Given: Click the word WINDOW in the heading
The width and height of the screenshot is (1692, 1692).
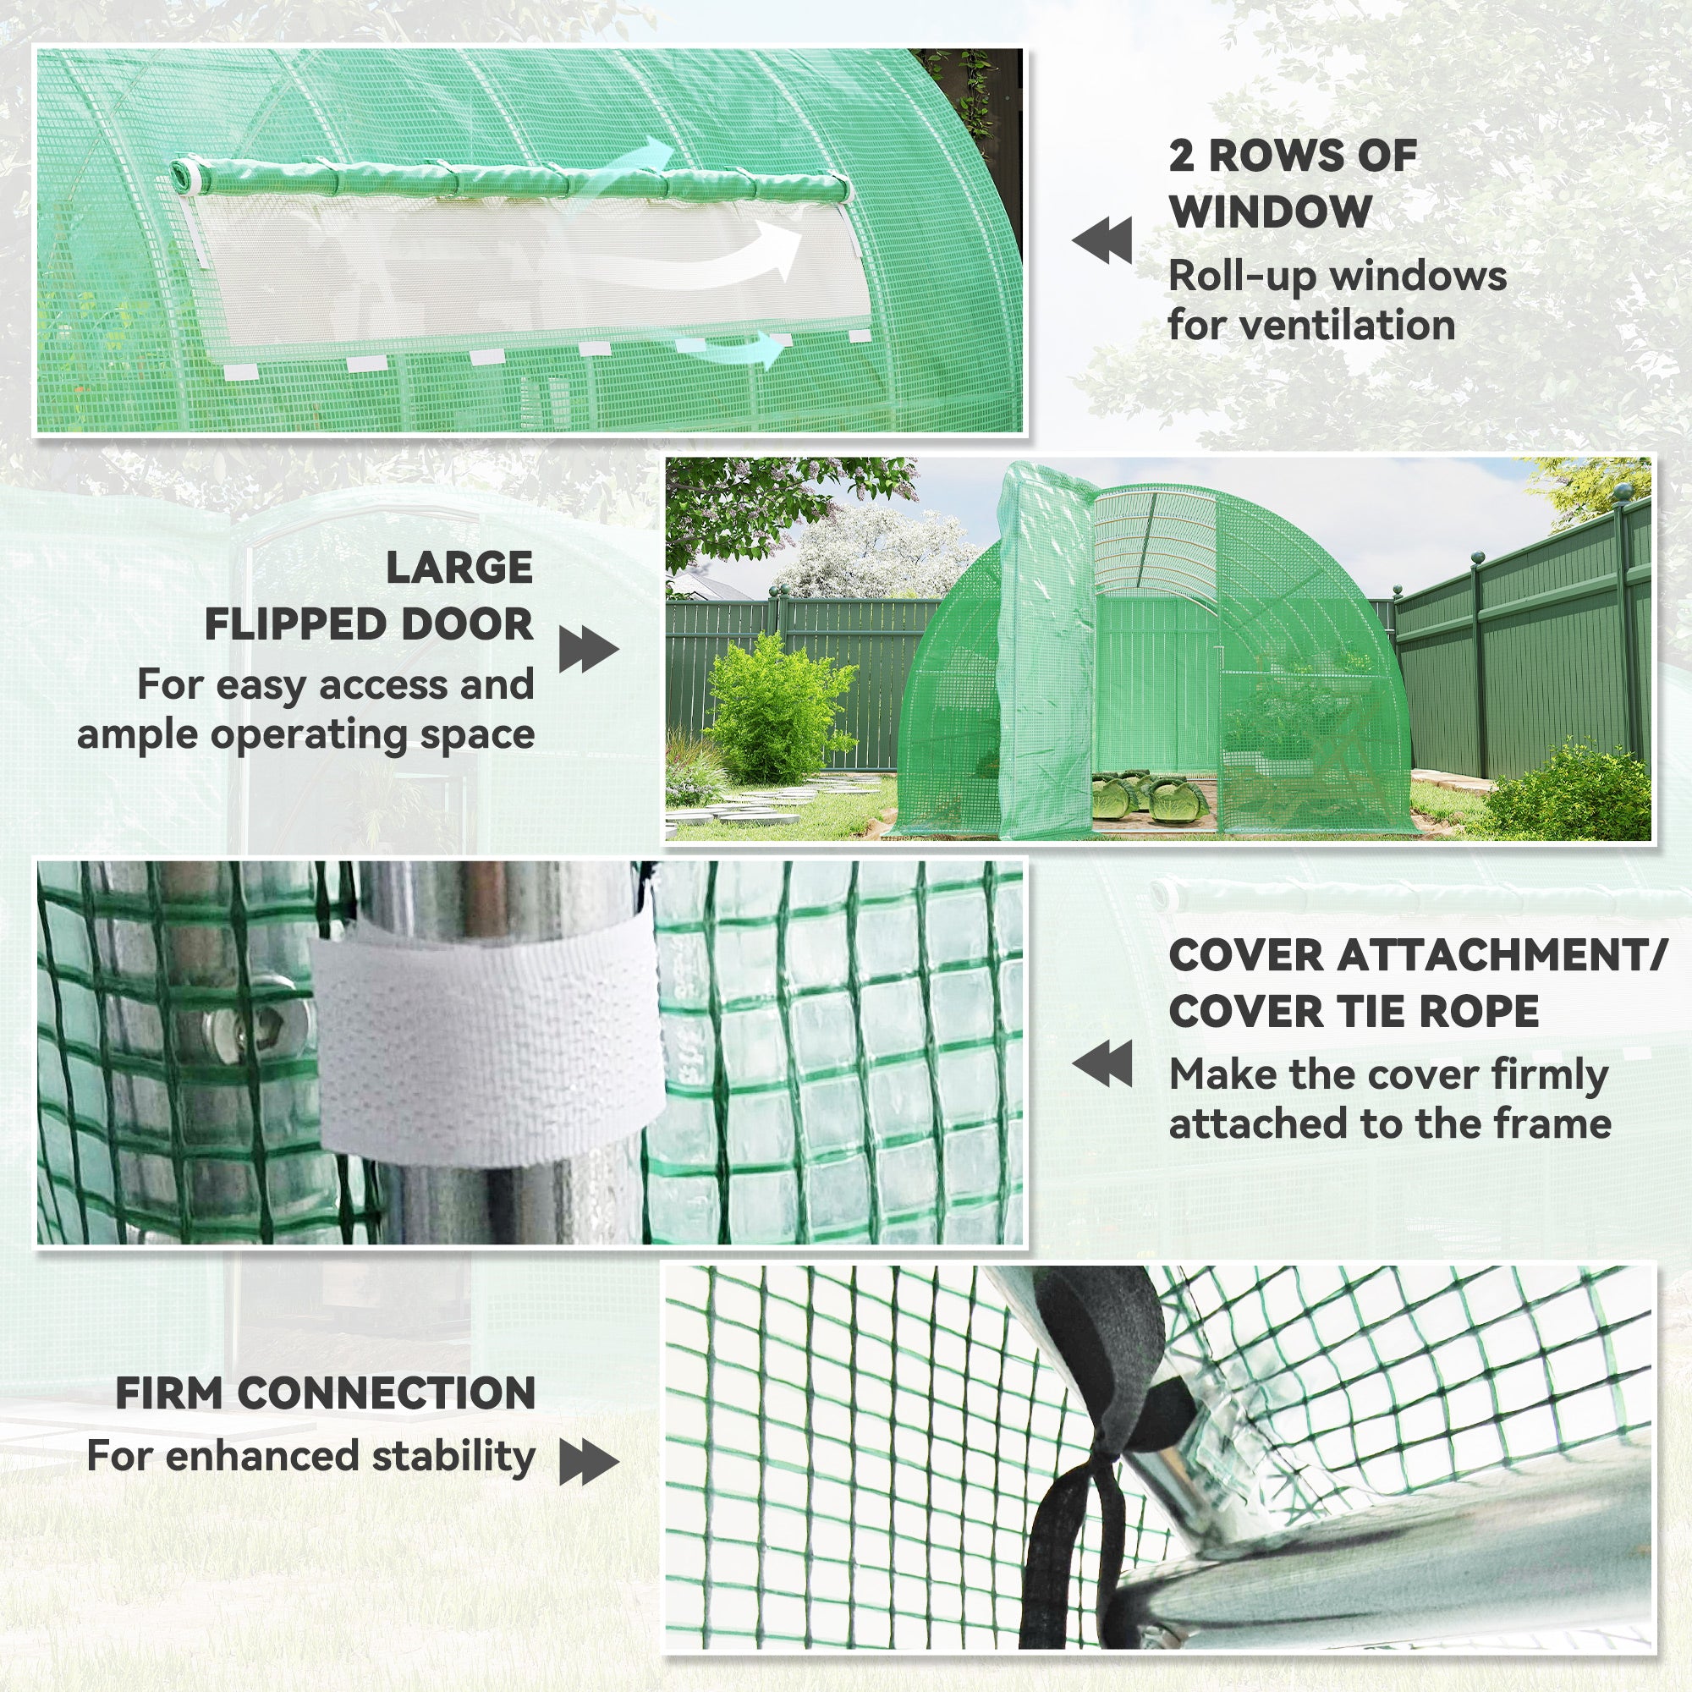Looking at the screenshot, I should pyautogui.click(x=1270, y=212).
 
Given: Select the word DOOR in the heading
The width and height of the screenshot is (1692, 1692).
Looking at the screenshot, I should pyautogui.click(x=467, y=624).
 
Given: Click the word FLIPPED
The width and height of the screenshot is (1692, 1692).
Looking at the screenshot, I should pyautogui.click(x=294, y=624).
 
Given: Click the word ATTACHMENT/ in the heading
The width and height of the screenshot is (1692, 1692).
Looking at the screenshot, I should pyautogui.click(x=1500, y=954).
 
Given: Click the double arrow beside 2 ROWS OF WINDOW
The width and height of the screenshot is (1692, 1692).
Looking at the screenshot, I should pyautogui.click(x=1101, y=242).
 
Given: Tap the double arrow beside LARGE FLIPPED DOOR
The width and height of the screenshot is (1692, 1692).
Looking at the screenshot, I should pyautogui.click(x=589, y=650).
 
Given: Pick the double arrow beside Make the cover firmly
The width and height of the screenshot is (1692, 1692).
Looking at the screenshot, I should pyautogui.click(x=1101, y=1064).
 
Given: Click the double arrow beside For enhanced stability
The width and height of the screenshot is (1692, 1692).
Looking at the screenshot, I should pyautogui.click(x=589, y=1463).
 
